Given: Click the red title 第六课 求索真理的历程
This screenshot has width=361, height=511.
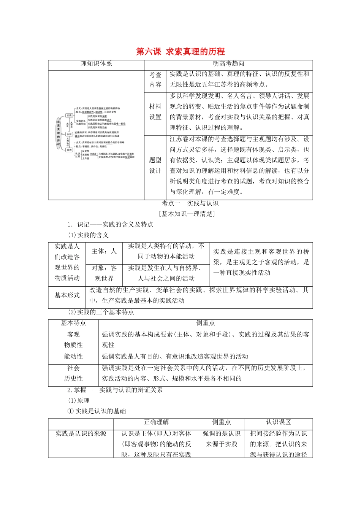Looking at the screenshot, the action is (x=180, y=52).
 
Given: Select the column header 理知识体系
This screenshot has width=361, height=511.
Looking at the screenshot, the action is (x=96, y=64).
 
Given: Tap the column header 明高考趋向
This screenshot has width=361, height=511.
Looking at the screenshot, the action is (x=228, y=64).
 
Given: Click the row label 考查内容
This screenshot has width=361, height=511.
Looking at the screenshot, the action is (x=155, y=80).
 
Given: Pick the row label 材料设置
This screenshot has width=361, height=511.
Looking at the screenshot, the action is (x=155, y=112).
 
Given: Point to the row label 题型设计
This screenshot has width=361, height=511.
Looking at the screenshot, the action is (x=155, y=165).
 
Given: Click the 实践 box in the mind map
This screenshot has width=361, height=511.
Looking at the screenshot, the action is (x=69, y=115).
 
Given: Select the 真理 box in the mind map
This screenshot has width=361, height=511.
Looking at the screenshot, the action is (x=69, y=150).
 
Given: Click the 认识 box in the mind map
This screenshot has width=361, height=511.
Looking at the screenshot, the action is (x=69, y=134).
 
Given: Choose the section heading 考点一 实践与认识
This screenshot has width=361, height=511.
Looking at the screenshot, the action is (x=190, y=203).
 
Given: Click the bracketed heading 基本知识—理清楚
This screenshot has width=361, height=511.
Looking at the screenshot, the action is (x=187, y=214).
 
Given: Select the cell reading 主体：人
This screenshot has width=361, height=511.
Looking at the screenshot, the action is (x=104, y=251).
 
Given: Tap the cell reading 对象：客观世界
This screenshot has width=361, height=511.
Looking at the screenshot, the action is (x=104, y=273).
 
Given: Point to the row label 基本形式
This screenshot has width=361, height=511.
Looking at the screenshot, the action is (x=67, y=295).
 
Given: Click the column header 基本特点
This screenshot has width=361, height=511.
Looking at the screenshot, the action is (x=73, y=323).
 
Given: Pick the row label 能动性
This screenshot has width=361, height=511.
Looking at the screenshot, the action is (x=73, y=357).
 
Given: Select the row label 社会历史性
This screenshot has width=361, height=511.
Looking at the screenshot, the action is (x=73, y=373).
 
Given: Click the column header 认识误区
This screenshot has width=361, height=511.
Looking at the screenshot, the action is (x=278, y=422).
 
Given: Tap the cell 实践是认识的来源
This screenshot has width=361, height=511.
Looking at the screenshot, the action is (x=81, y=434).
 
